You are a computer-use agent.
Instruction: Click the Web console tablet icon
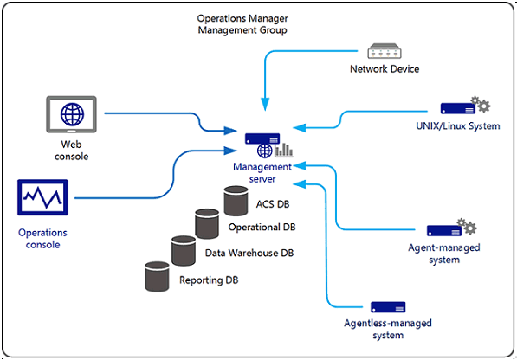pos(71,114)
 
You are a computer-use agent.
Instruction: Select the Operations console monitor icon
pos(42,197)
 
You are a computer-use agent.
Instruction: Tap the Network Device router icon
pos(385,51)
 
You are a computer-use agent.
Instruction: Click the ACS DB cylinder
pos(236,201)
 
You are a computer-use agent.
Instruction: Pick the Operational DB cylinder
pos(207,223)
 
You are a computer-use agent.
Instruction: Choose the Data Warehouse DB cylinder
pos(184,251)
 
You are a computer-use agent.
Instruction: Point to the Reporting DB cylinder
pos(157,277)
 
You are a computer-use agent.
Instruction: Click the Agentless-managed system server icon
pos(388,307)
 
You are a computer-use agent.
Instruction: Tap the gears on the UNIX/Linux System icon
pos(481,104)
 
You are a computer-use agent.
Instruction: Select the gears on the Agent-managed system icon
pos(467,226)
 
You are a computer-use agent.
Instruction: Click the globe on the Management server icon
pos(265,151)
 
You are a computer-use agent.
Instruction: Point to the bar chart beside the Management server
pos(283,151)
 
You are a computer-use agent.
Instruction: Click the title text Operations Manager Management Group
pos(242,24)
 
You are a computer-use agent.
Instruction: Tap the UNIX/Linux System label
pos(457,126)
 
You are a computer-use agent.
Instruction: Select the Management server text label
pos(262,173)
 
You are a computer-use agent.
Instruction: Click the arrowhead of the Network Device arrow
pos(265,104)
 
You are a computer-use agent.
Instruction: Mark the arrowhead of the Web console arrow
pos(230,131)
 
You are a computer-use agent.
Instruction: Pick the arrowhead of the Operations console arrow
pos(230,151)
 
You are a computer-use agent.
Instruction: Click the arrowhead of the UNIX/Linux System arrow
pos(299,128)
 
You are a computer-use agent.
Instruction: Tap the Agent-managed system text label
pos(443,254)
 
